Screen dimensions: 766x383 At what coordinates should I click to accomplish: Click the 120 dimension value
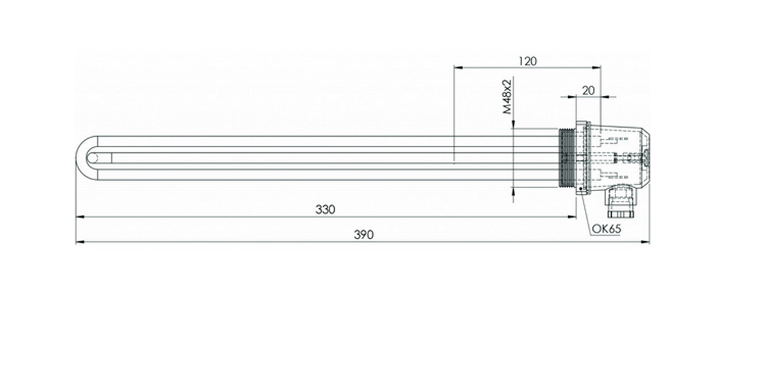click(527, 61)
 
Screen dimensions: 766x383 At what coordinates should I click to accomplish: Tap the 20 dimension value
click(589, 90)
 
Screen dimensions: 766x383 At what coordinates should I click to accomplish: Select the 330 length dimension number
click(326, 209)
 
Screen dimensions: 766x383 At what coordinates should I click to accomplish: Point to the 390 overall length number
click(363, 235)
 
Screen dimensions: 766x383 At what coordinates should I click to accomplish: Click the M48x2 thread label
click(508, 96)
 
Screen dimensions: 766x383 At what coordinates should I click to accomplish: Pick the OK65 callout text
click(606, 228)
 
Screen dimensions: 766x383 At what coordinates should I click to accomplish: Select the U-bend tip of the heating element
click(78, 158)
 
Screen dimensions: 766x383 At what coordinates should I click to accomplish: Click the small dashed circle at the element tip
click(92, 158)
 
